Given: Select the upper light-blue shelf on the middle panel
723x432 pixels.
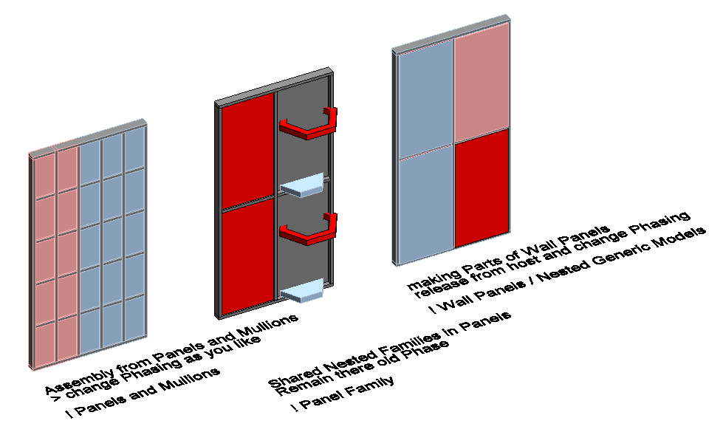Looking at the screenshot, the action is pos(303,185).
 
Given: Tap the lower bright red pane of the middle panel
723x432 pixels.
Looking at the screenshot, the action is pos(248,257).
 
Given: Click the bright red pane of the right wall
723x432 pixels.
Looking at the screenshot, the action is pos(482,188).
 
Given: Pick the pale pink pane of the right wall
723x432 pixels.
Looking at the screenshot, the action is pos(482,83).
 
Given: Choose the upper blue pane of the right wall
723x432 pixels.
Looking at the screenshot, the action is pos(425,98).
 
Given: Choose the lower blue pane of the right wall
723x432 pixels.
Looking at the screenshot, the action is pos(425,205).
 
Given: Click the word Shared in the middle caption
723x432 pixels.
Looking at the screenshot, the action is pos(295,376).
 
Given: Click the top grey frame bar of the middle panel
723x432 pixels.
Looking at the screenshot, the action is pos(274,88).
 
